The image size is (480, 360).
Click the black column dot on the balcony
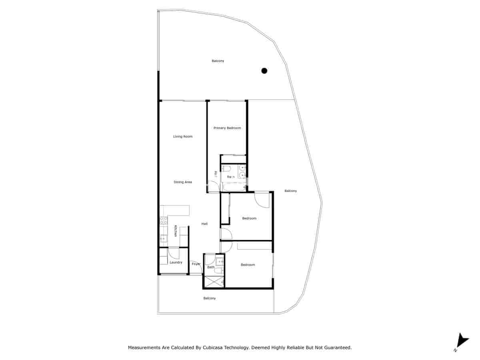point(264,71)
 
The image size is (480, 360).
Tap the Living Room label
point(183,136)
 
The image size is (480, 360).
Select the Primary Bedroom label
point(227,128)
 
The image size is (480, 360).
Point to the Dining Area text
point(183,182)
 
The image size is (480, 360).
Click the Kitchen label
point(175,231)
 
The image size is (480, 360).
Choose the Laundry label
point(176,262)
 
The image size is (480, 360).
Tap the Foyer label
point(196,264)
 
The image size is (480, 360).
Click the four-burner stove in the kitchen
point(164,220)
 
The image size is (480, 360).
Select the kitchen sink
point(163,239)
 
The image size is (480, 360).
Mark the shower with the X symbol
point(214,282)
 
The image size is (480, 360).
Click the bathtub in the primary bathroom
point(233,187)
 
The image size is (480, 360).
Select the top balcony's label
point(218,61)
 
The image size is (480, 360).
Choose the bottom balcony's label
point(210,298)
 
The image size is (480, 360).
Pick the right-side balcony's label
point(291,191)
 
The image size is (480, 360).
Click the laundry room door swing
point(174,253)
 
